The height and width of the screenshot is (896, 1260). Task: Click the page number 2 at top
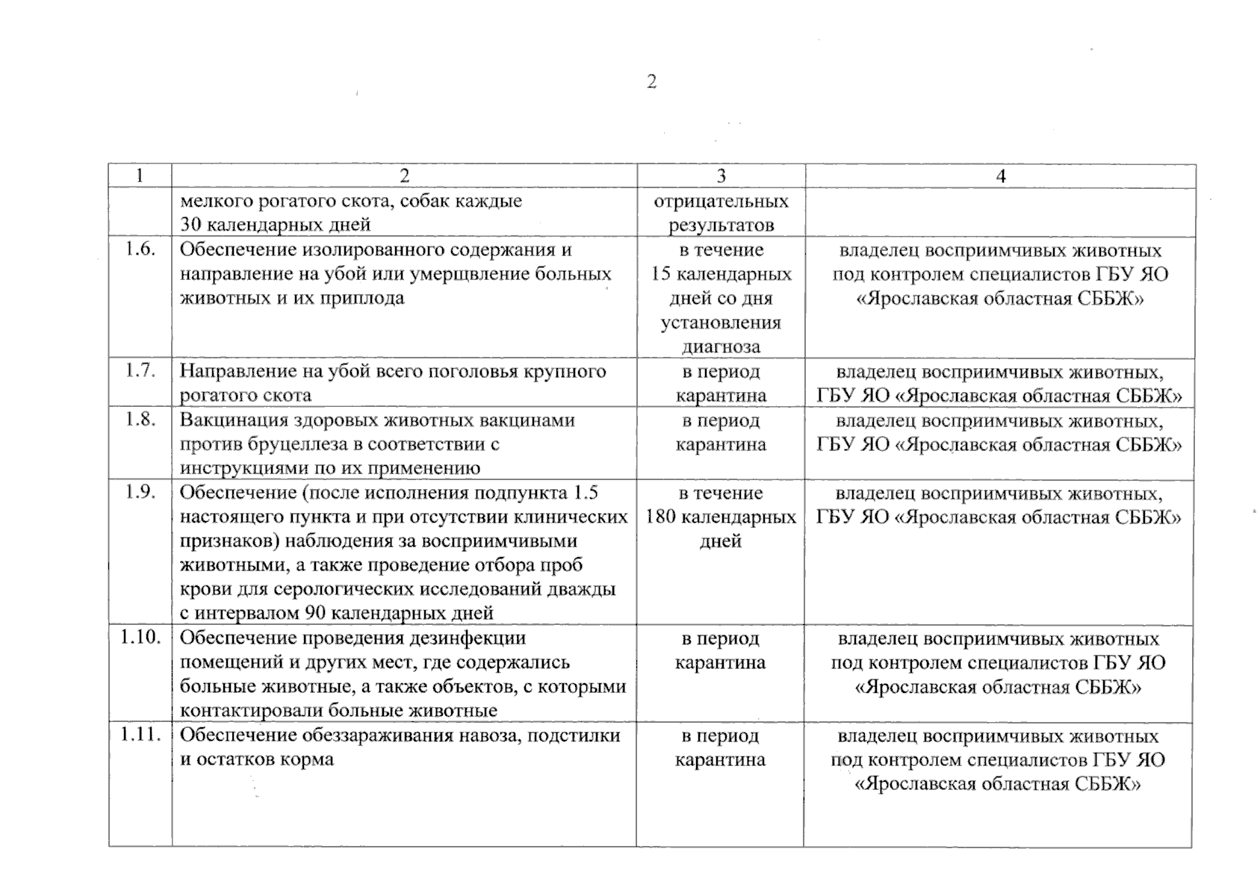point(651,82)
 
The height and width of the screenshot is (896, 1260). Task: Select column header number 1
point(140,176)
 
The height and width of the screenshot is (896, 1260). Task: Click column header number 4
point(1001,176)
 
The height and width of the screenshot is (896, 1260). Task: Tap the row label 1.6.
point(140,249)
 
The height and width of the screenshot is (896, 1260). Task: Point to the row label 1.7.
point(140,371)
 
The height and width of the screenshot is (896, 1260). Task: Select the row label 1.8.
point(140,420)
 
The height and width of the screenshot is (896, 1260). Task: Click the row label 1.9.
point(140,493)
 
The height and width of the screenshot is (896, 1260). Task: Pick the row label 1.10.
point(140,638)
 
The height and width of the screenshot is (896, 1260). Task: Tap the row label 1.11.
point(140,735)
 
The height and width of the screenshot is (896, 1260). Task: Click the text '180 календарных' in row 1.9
point(721,517)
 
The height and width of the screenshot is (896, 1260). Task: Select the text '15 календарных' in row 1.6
point(721,274)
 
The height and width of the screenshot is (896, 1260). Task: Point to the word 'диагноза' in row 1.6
point(721,346)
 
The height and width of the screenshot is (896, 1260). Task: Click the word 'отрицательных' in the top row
point(721,202)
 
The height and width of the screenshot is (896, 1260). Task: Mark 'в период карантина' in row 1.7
point(721,383)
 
